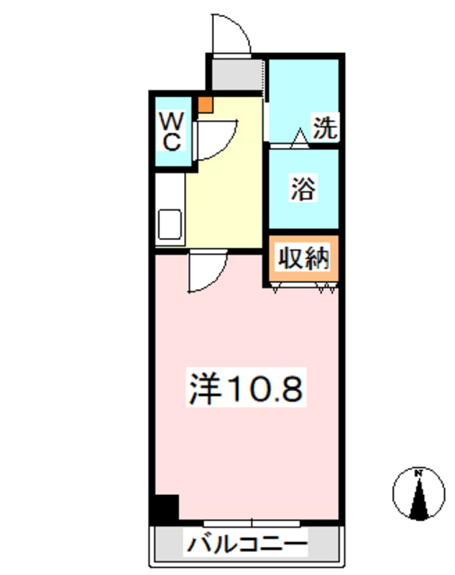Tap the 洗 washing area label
[325, 128]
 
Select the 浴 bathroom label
[302, 190]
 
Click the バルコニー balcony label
[246, 544]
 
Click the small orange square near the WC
[207, 104]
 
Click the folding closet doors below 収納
[304, 287]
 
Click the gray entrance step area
[236, 73]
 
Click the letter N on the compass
[419, 473]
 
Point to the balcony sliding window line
[251, 522]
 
